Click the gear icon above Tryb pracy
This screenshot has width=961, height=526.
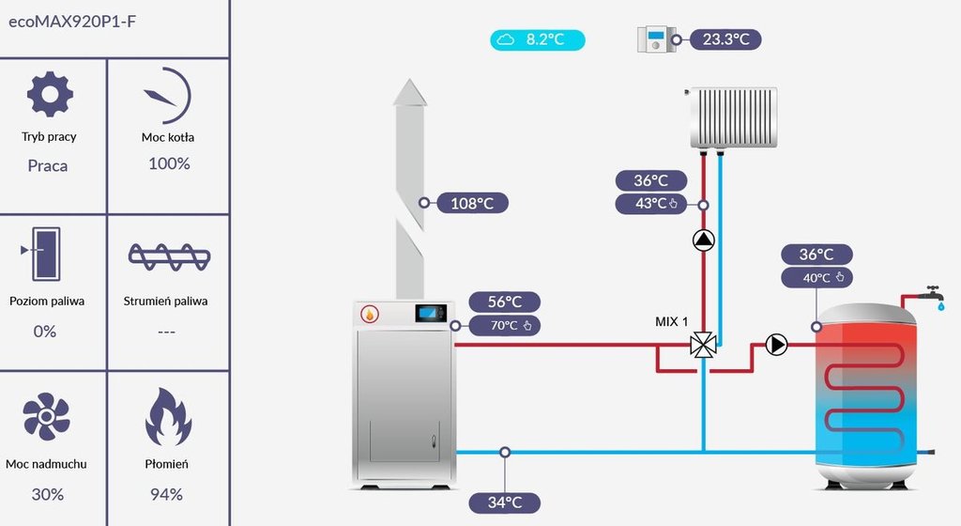coord(50,94)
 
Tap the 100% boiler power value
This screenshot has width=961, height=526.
coord(169,163)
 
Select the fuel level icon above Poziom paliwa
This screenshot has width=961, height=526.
coord(43,252)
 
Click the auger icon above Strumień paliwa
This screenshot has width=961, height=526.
coord(169,255)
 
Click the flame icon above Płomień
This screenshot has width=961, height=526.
coord(168,416)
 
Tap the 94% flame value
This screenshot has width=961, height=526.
coord(167,494)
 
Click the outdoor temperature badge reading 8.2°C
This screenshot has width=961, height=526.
coord(538,39)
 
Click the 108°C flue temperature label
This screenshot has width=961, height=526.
coord(472,202)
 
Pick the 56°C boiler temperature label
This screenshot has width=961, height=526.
coord(505,302)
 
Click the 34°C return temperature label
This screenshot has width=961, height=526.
coord(504,503)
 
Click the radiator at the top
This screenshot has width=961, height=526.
coord(732,118)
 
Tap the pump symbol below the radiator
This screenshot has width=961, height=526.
coord(703,240)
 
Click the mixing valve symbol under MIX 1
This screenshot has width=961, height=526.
coord(702,345)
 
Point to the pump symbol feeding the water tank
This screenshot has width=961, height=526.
coord(776,345)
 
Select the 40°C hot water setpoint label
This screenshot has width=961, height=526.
coord(816,277)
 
